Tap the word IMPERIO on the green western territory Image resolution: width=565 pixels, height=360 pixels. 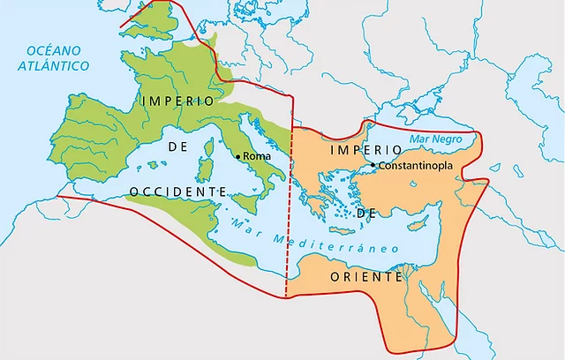(x=177, y=101)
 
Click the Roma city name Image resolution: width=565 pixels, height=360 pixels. (x=257, y=156)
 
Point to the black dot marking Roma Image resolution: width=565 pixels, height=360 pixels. (x=238, y=156)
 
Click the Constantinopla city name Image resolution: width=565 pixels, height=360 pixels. (x=416, y=166)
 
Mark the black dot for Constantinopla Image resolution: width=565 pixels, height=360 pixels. (x=373, y=165)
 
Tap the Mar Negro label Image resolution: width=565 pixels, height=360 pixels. (x=433, y=139)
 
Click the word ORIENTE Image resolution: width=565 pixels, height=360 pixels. (x=367, y=276)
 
